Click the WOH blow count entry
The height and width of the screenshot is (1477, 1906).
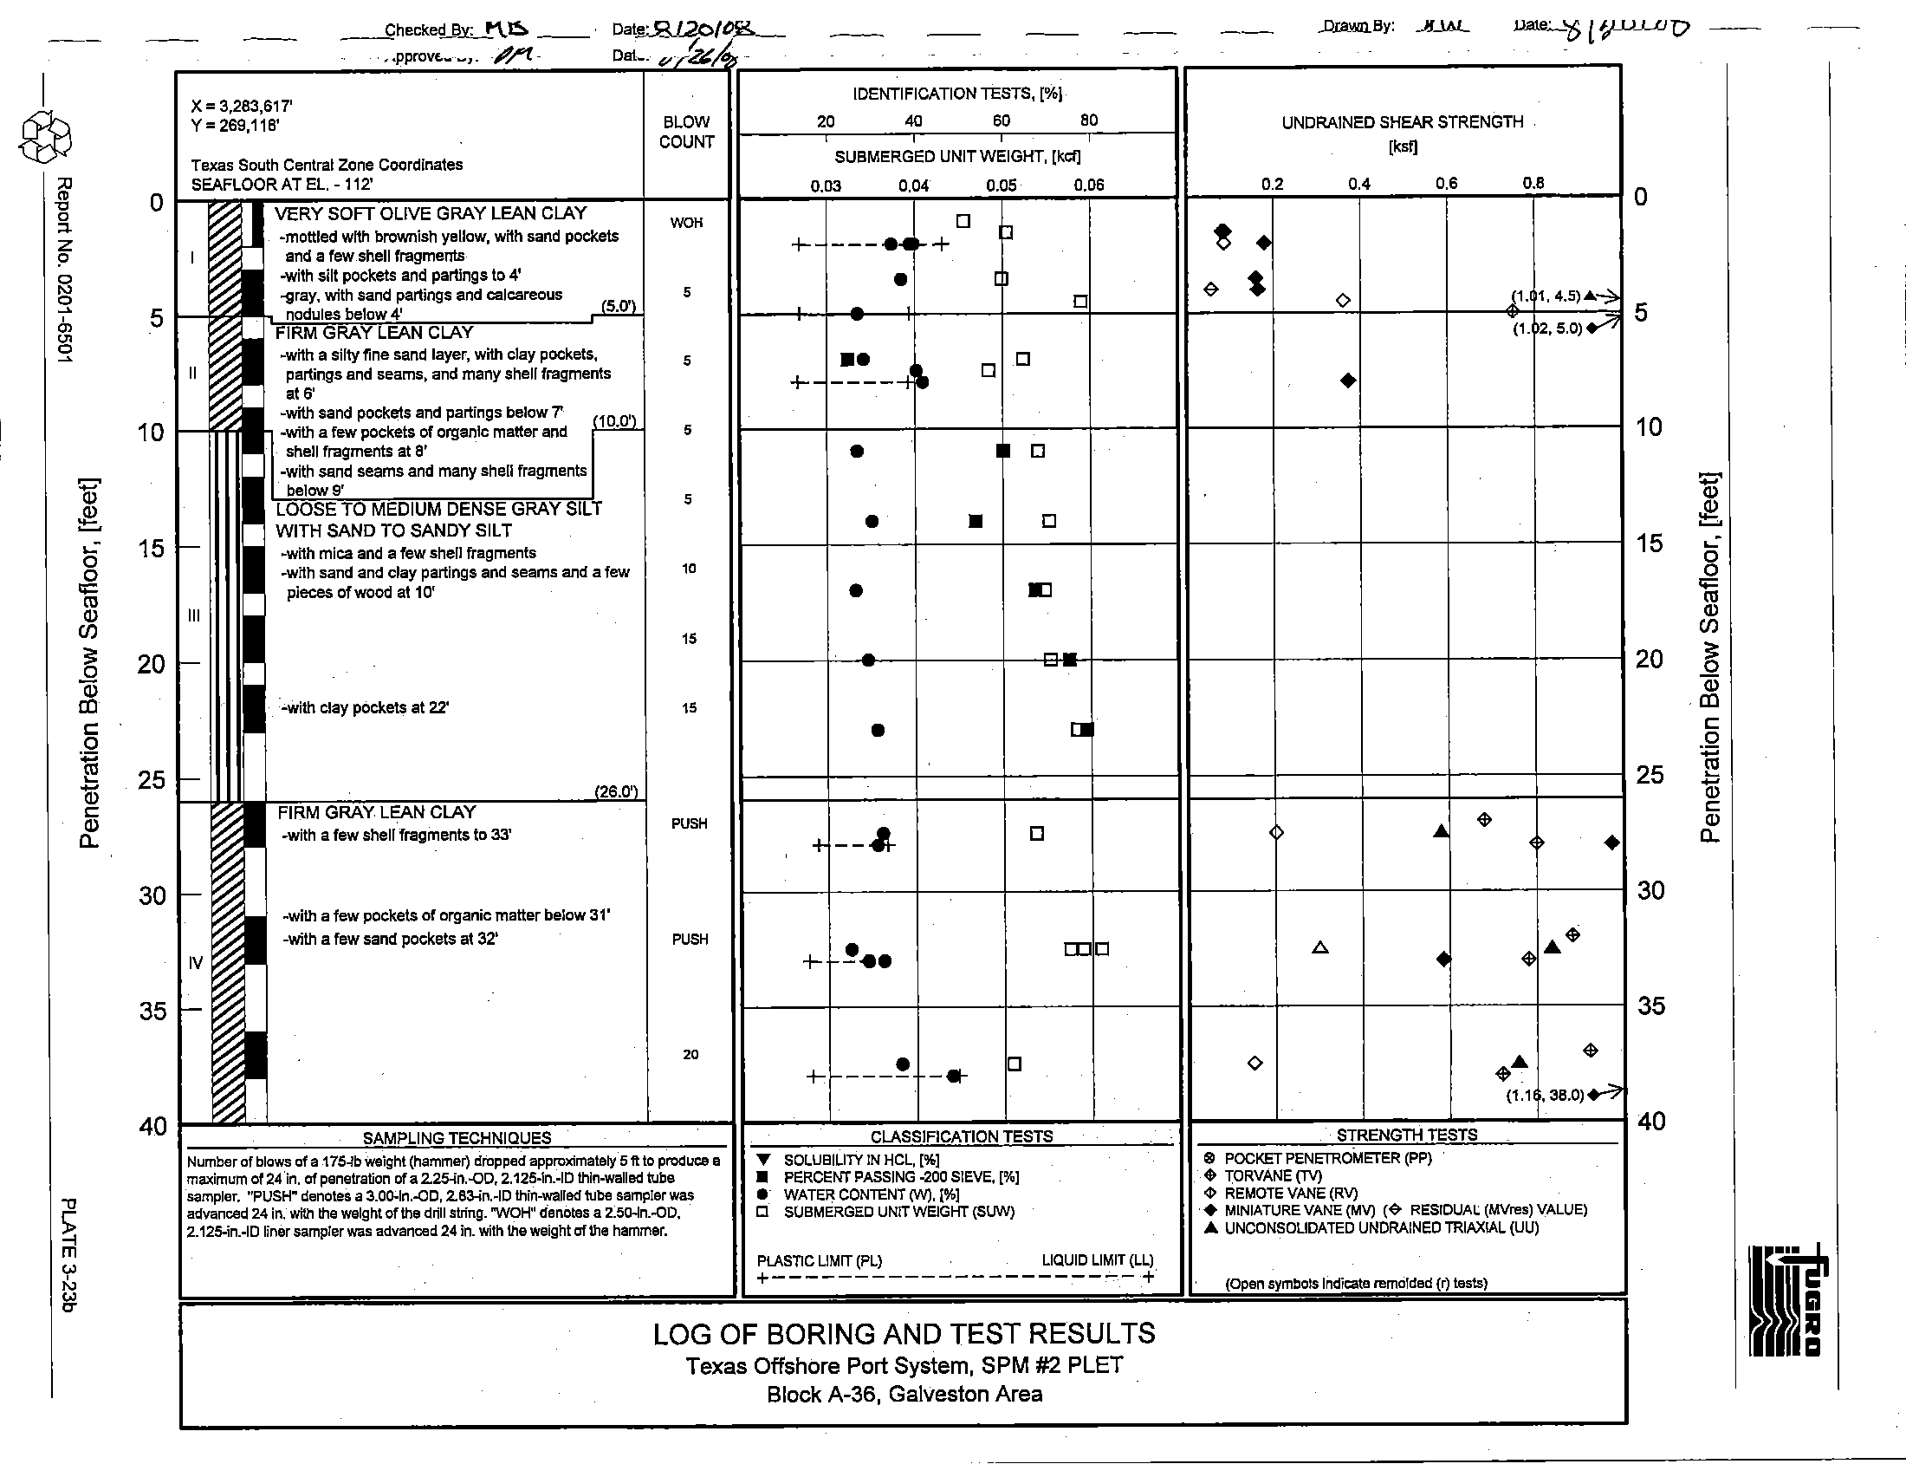click(x=686, y=223)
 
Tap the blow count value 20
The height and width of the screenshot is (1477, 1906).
click(x=690, y=1055)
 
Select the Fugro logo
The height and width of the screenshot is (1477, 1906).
click(x=1786, y=1302)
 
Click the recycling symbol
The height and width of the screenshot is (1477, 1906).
click(x=45, y=138)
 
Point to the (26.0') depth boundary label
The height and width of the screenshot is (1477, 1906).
click(x=615, y=791)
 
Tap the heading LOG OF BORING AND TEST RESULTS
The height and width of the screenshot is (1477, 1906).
click(x=904, y=1334)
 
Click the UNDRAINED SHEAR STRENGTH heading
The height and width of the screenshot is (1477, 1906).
click(x=1403, y=122)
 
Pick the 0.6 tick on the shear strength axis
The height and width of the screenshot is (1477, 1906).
click(x=1446, y=183)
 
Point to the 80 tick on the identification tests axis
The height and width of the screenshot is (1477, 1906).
click(x=1088, y=120)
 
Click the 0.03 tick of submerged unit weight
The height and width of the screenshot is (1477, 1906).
click(x=826, y=185)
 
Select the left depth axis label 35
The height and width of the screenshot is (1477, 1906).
click(x=152, y=1011)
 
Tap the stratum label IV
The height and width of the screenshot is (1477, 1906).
click(x=196, y=962)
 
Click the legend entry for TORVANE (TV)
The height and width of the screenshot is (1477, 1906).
click(x=1273, y=1176)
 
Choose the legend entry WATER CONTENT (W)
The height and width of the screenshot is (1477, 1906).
click(x=870, y=1194)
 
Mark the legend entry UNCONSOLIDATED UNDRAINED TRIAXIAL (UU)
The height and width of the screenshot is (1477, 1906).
click(x=1381, y=1228)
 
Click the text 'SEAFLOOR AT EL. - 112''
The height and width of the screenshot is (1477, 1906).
click(x=282, y=184)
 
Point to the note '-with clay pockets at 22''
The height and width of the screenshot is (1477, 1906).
click(x=365, y=708)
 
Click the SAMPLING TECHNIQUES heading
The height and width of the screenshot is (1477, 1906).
click(x=457, y=1137)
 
